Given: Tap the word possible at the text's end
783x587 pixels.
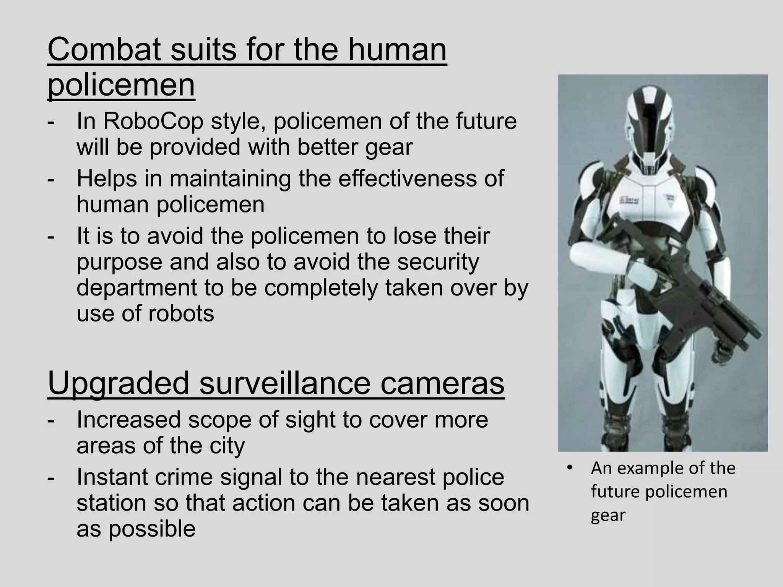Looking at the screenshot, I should tap(152, 529).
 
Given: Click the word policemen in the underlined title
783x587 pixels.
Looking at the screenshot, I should tap(121, 85).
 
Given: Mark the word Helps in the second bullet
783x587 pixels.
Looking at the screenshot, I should tap(107, 178).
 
